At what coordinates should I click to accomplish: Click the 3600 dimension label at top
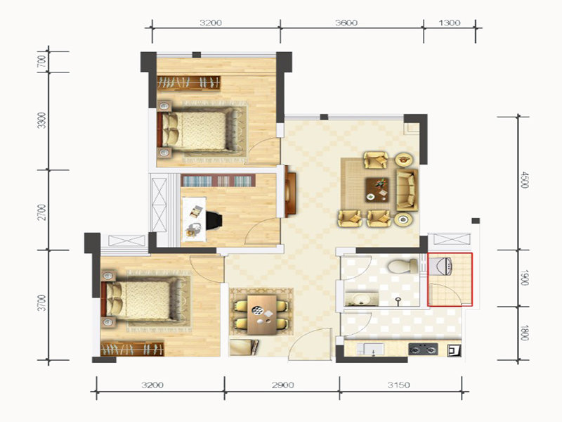click(346, 23)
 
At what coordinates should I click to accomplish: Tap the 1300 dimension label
click(449, 23)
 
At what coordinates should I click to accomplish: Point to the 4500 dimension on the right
click(524, 180)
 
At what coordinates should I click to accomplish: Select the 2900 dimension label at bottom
click(283, 385)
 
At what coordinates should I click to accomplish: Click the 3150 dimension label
click(398, 385)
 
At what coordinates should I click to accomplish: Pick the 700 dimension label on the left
click(42, 61)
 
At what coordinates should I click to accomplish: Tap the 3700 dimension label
click(42, 302)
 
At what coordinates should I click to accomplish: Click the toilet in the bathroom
click(403, 267)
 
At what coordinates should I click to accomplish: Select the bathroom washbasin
click(361, 300)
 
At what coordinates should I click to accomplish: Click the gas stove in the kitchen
click(424, 349)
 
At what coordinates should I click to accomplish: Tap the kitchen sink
click(371, 349)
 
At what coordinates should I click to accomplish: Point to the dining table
click(261, 314)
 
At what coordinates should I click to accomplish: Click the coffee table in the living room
click(377, 189)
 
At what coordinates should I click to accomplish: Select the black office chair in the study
click(214, 220)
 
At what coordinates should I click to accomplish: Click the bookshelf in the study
click(218, 181)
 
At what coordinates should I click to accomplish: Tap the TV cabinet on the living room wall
click(290, 194)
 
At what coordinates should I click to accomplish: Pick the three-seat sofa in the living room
click(407, 190)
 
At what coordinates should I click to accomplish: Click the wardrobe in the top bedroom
click(188, 83)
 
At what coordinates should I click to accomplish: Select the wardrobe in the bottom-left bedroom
click(132, 349)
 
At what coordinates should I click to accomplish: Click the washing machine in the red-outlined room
click(440, 267)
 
